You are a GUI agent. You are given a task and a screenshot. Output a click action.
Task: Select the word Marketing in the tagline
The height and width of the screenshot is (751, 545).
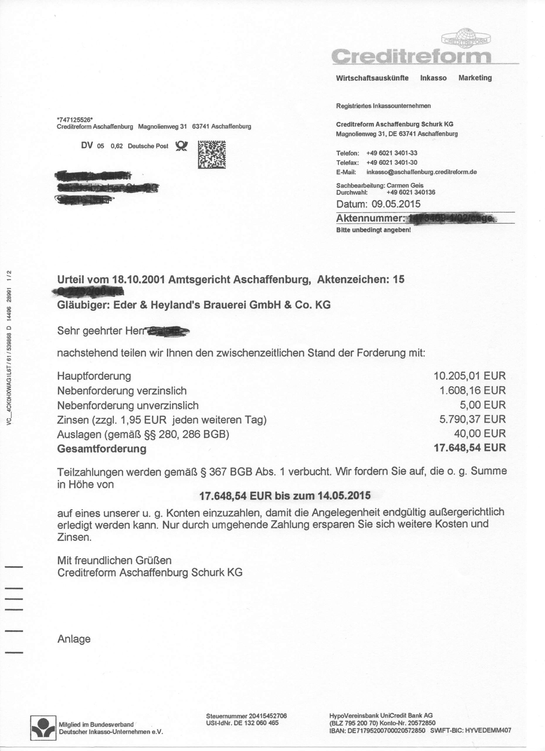(x=475, y=78)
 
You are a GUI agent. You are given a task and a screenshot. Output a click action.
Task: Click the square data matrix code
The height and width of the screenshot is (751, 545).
(x=212, y=154)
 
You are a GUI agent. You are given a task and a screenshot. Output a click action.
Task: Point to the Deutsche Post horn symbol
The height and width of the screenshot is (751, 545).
(x=182, y=146)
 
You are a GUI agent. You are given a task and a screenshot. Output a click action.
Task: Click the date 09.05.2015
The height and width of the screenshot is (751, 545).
(x=396, y=204)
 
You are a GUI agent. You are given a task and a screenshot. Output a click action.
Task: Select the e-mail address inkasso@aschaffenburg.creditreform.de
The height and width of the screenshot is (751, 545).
(x=422, y=172)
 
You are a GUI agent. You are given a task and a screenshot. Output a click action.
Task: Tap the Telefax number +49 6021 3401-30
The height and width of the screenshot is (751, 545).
(x=392, y=163)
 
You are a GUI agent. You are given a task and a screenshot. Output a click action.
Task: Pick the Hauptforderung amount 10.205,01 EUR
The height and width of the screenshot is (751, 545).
(x=470, y=376)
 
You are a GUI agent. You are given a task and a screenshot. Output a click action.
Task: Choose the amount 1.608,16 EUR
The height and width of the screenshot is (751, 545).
(x=473, y=390)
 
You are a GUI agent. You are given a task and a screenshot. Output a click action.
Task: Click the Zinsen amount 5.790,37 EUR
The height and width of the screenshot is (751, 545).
(x=473, y=419)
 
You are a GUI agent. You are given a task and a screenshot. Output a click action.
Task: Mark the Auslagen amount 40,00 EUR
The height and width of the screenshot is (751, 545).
(x=480, y=434)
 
